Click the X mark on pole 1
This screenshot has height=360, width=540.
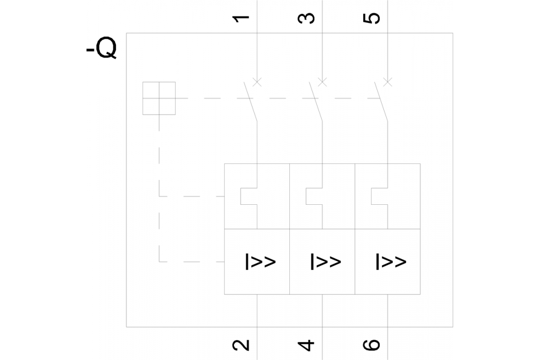click(x=257, y=82)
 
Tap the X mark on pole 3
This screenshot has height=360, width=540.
click(x=322, y=82)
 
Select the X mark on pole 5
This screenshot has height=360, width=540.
click(x=387, y=82)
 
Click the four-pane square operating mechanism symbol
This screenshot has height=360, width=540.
click(x=159, y=98)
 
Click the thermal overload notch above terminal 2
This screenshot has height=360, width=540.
click(x=248, y=196)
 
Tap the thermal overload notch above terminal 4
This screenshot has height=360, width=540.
click(x=314, y=196)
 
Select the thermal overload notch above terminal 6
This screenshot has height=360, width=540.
click(x=379, y=196)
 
